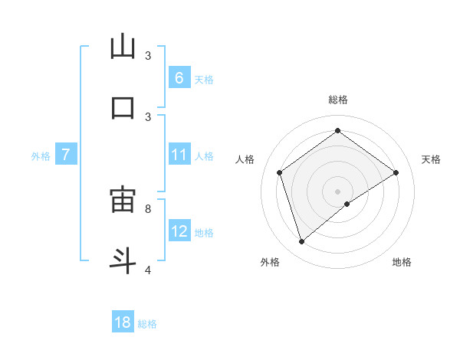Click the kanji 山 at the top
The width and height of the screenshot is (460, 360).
pyautogui.click(x=123, y=47)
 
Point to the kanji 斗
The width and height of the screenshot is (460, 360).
pyautogui.click(x=123, y=260)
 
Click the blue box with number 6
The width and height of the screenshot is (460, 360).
pyautogui.click(x=179, y=77)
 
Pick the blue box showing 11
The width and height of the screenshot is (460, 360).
pyautogui.click(x=179, y=155)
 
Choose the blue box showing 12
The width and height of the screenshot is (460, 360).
pyautogui.click(x=179, y=231)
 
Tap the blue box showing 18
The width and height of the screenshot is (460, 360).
pyautogui.click(x=123, y=322)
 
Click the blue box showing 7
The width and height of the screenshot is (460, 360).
pyautogui.click(x=66, y=155)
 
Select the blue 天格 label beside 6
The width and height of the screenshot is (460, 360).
pyautogui.click(x=204, y=79)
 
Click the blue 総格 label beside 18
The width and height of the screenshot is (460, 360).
pyautogui.click(x=147, y=324)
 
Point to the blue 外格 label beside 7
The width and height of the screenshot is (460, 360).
pyautogui.click(x=41, y=156)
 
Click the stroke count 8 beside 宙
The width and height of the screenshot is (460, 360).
pyautogui.click(x=148, y=208)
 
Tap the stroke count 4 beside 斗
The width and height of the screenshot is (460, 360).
pyautogui.click(x=148, y=269)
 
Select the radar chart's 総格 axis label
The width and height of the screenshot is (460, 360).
pyautogui.click(x=337, y=100)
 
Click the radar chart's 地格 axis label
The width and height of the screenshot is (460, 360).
pyautogui.click(x=402, y=262)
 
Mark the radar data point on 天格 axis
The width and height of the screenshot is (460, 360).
pyautogui.click(x=396, y=172)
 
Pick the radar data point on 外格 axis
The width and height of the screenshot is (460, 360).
pyautogui.click(x=301, y=242)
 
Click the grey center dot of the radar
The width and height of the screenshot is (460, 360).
pyautogui.click(x=337, y=191)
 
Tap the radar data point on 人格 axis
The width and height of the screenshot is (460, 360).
pyautogui.click(x=279, y=172)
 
